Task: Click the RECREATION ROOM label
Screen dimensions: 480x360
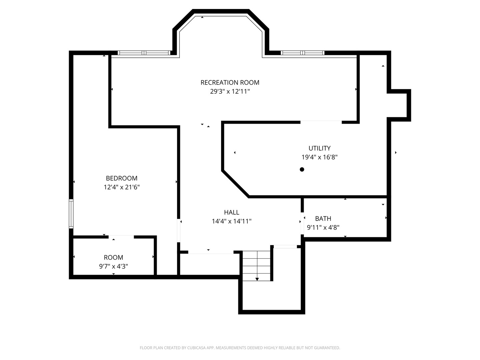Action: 230,82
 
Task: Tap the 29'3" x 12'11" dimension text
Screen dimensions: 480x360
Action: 230,91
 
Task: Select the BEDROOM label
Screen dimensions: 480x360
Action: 122,178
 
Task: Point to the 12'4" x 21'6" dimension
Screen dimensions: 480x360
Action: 122,187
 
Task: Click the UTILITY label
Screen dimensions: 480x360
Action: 319,148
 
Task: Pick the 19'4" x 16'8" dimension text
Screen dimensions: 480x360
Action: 319,157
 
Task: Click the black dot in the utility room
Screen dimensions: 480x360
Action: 302,169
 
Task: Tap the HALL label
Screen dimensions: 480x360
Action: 232,212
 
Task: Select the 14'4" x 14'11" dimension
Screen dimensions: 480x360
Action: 232,221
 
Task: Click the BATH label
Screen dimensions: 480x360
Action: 323,218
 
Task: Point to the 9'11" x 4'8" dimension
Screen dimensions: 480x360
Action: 323,228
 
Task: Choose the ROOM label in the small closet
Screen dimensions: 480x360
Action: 113,257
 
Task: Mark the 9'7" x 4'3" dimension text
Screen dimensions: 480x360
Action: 113,266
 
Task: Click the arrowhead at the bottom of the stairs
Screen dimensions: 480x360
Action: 257,279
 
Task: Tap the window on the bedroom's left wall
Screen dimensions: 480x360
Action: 71,214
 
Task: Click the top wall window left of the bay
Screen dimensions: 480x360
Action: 144,53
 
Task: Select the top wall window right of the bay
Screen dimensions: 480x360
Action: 303,53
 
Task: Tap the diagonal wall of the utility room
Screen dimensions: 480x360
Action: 235,184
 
